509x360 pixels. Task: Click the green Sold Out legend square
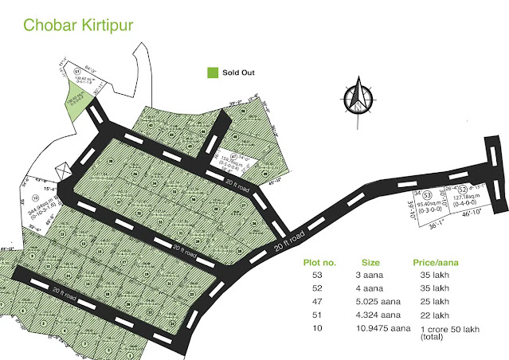(212, 72)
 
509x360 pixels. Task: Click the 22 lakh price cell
(431, 315)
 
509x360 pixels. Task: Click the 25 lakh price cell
(431, 302)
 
